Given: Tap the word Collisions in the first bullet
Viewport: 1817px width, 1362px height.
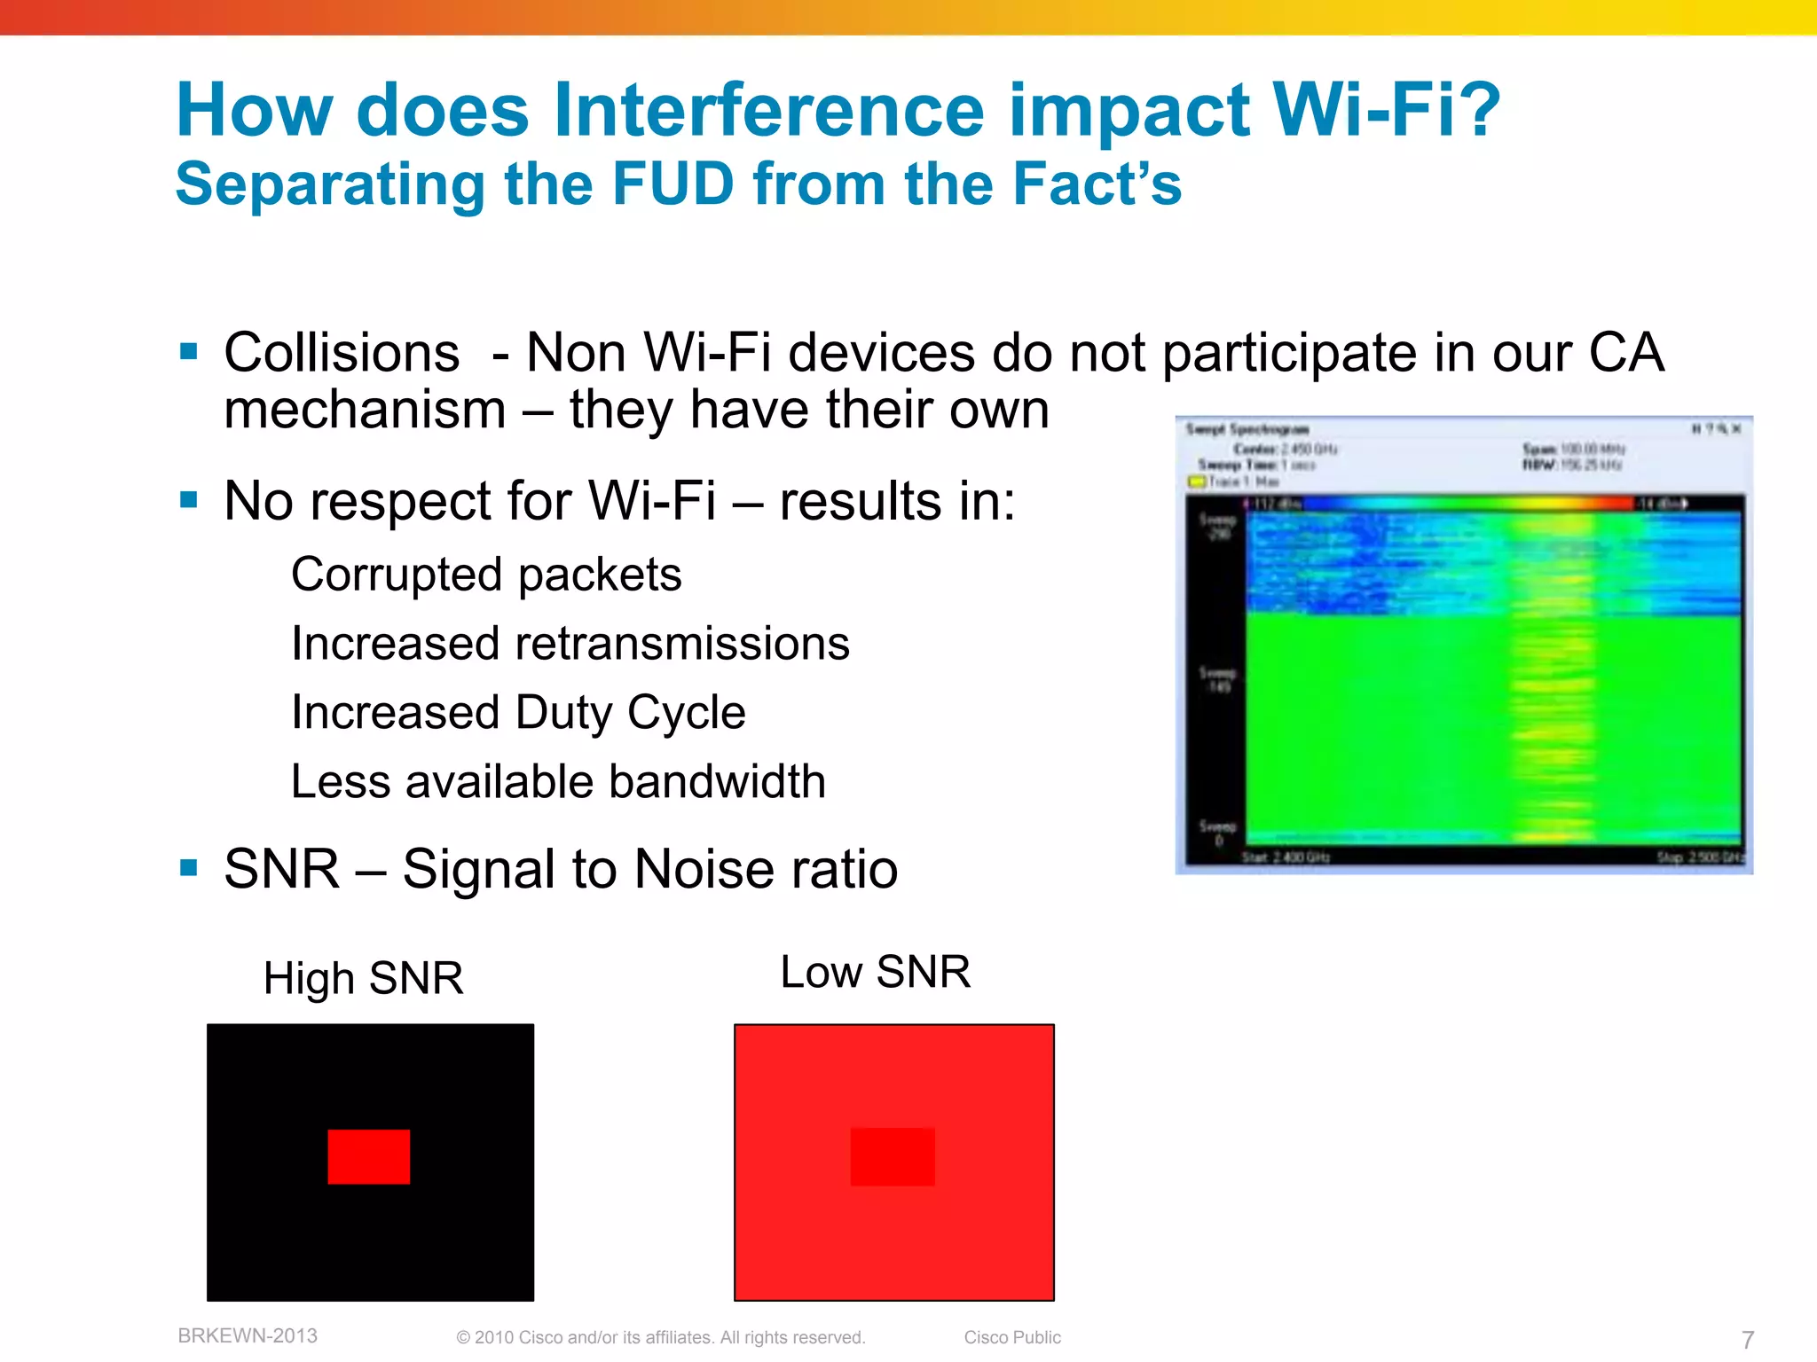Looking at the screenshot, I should coord(342,353).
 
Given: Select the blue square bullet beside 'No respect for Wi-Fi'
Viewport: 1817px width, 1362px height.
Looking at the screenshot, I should coord(188,500).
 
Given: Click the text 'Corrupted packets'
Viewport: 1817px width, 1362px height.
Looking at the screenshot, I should coord(486,575).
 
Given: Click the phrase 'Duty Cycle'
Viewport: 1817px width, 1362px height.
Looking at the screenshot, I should coord(630,712).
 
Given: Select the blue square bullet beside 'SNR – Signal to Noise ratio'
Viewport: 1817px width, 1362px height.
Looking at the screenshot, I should coord(188,867).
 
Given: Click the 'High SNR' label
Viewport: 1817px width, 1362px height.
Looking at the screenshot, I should coord(363,978).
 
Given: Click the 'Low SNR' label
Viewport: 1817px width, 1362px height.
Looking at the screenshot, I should coord(875,972).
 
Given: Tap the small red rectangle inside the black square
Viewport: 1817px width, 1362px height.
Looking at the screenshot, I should coord(369,1156).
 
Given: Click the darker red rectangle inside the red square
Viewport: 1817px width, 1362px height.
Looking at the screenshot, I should coord(893,1156).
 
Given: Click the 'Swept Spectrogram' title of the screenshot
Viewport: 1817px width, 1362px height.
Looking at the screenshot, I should coord(1247,429).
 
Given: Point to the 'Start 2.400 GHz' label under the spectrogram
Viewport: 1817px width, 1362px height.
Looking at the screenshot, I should coord(1285,857).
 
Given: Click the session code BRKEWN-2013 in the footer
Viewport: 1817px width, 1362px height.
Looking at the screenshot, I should coord(248,1335).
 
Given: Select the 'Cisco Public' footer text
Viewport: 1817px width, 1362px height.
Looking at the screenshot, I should coord(1012,1337).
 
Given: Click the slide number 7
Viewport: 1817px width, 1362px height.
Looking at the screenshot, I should coord(1747,1339).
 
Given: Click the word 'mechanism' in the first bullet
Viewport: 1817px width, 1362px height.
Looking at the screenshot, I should coord(365,410).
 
